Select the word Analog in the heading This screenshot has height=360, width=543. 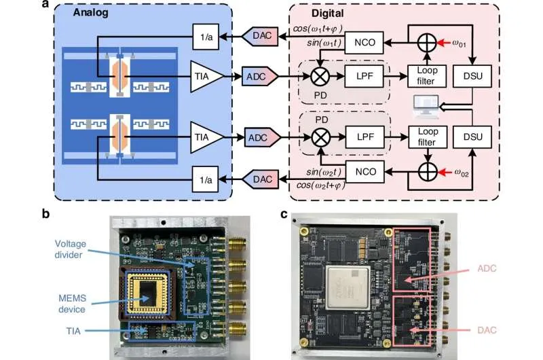pyautogui.click(x=90, y=12)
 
